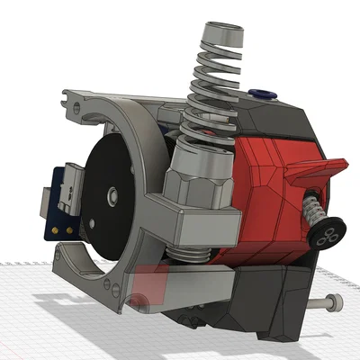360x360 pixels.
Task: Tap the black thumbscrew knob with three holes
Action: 324,235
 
